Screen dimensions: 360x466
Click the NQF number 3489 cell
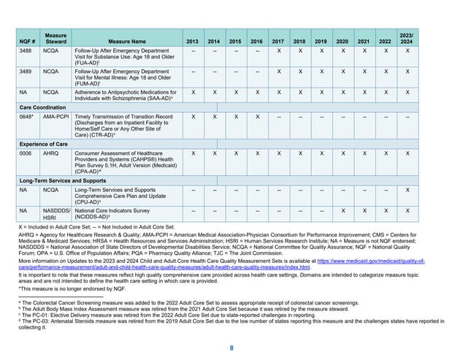coord(26,73)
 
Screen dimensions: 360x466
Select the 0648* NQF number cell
coord(27,116)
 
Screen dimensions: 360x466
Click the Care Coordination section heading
coord(50,107)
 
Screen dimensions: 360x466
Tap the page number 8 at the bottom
coord(232,348)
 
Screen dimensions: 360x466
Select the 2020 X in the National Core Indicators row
coord(343,209)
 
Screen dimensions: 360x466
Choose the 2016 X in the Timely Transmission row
coord(256,116)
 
